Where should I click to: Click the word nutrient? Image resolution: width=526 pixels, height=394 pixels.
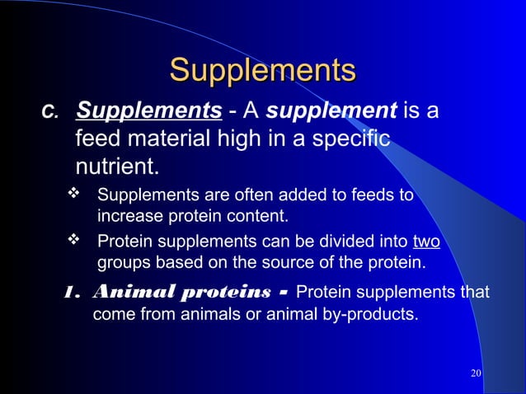115,167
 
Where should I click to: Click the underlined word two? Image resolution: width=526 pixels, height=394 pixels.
426,242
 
